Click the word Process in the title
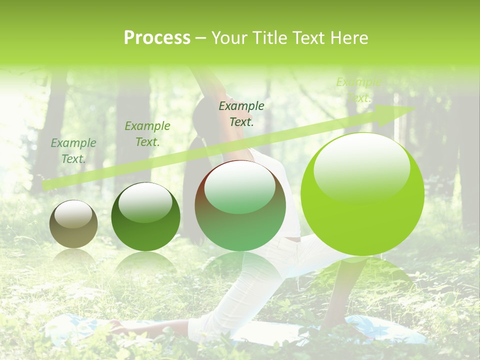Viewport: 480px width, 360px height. (157, 38)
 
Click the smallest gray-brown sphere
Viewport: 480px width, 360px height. (73, 224)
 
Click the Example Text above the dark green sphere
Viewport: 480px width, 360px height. (147, 134)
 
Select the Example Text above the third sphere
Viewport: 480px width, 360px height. (241, 114)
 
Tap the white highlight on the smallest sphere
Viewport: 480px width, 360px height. (74, 215)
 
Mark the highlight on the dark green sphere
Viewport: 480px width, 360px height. (145, 202)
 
